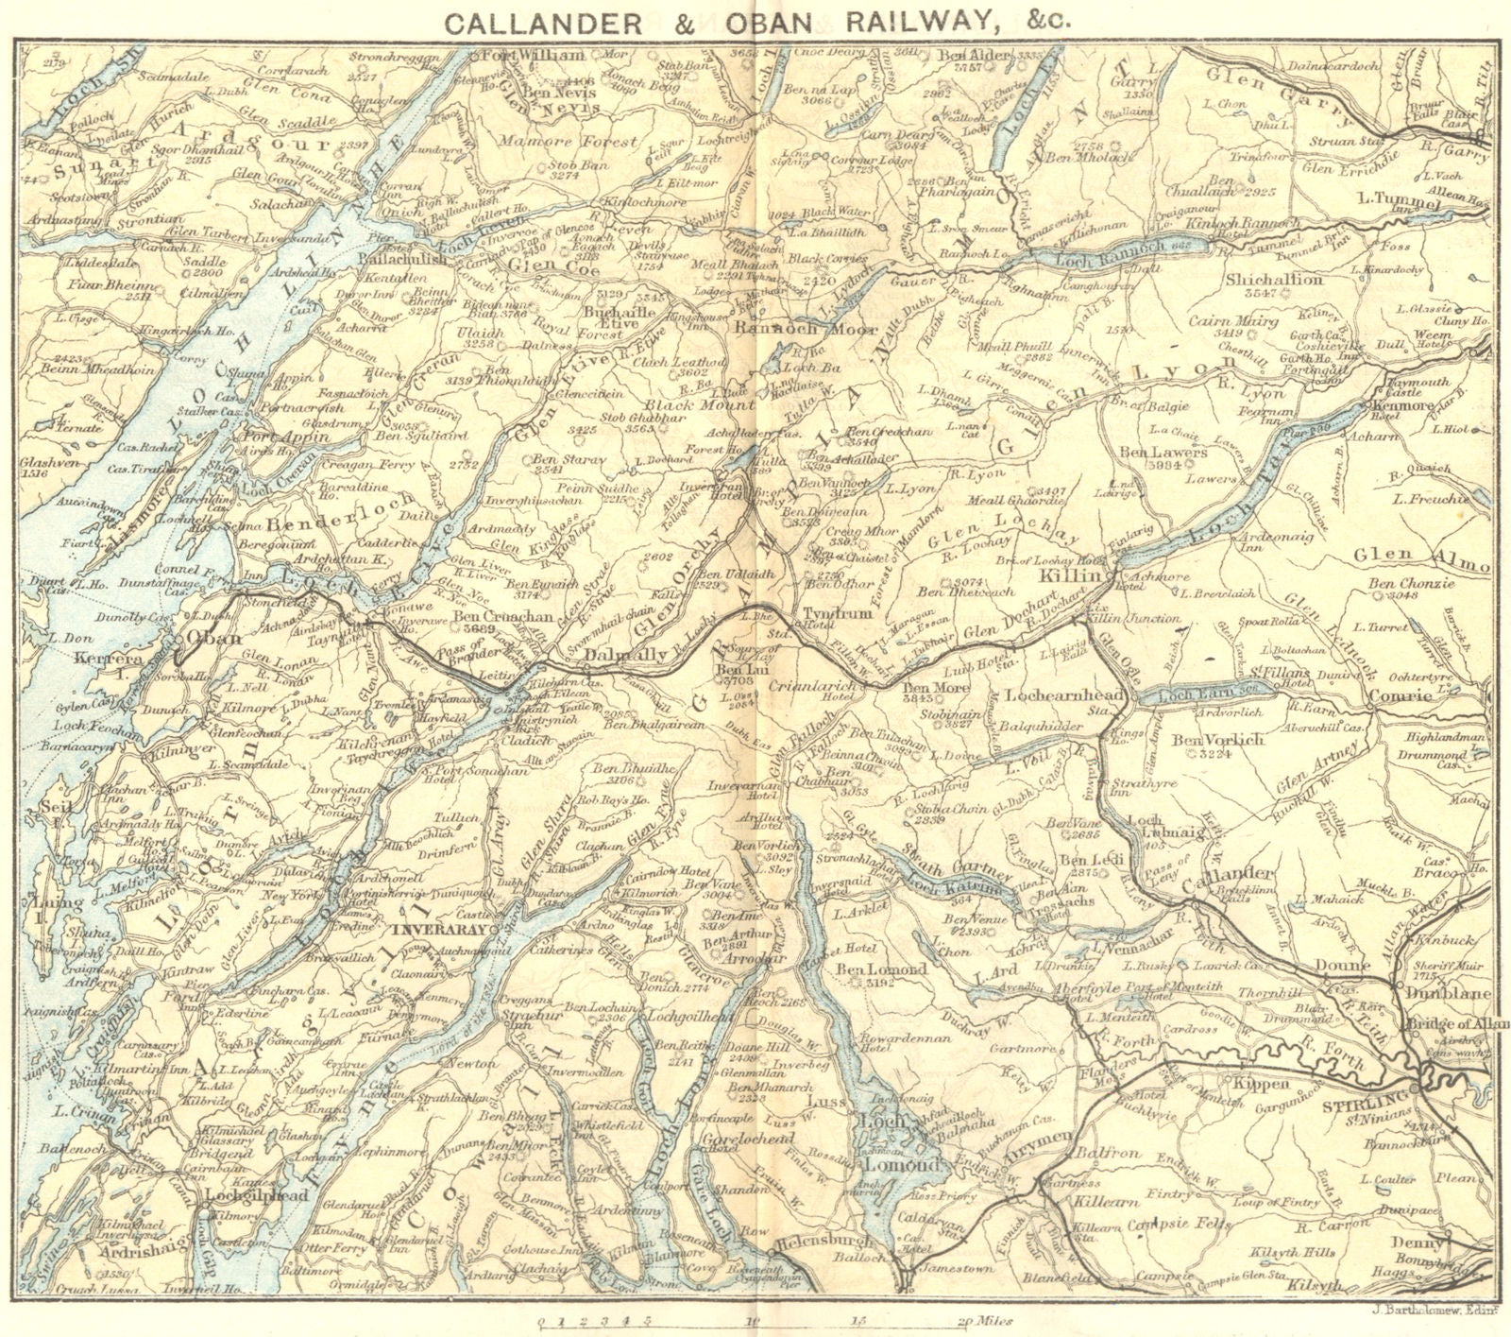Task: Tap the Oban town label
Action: (x=213, y=637)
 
